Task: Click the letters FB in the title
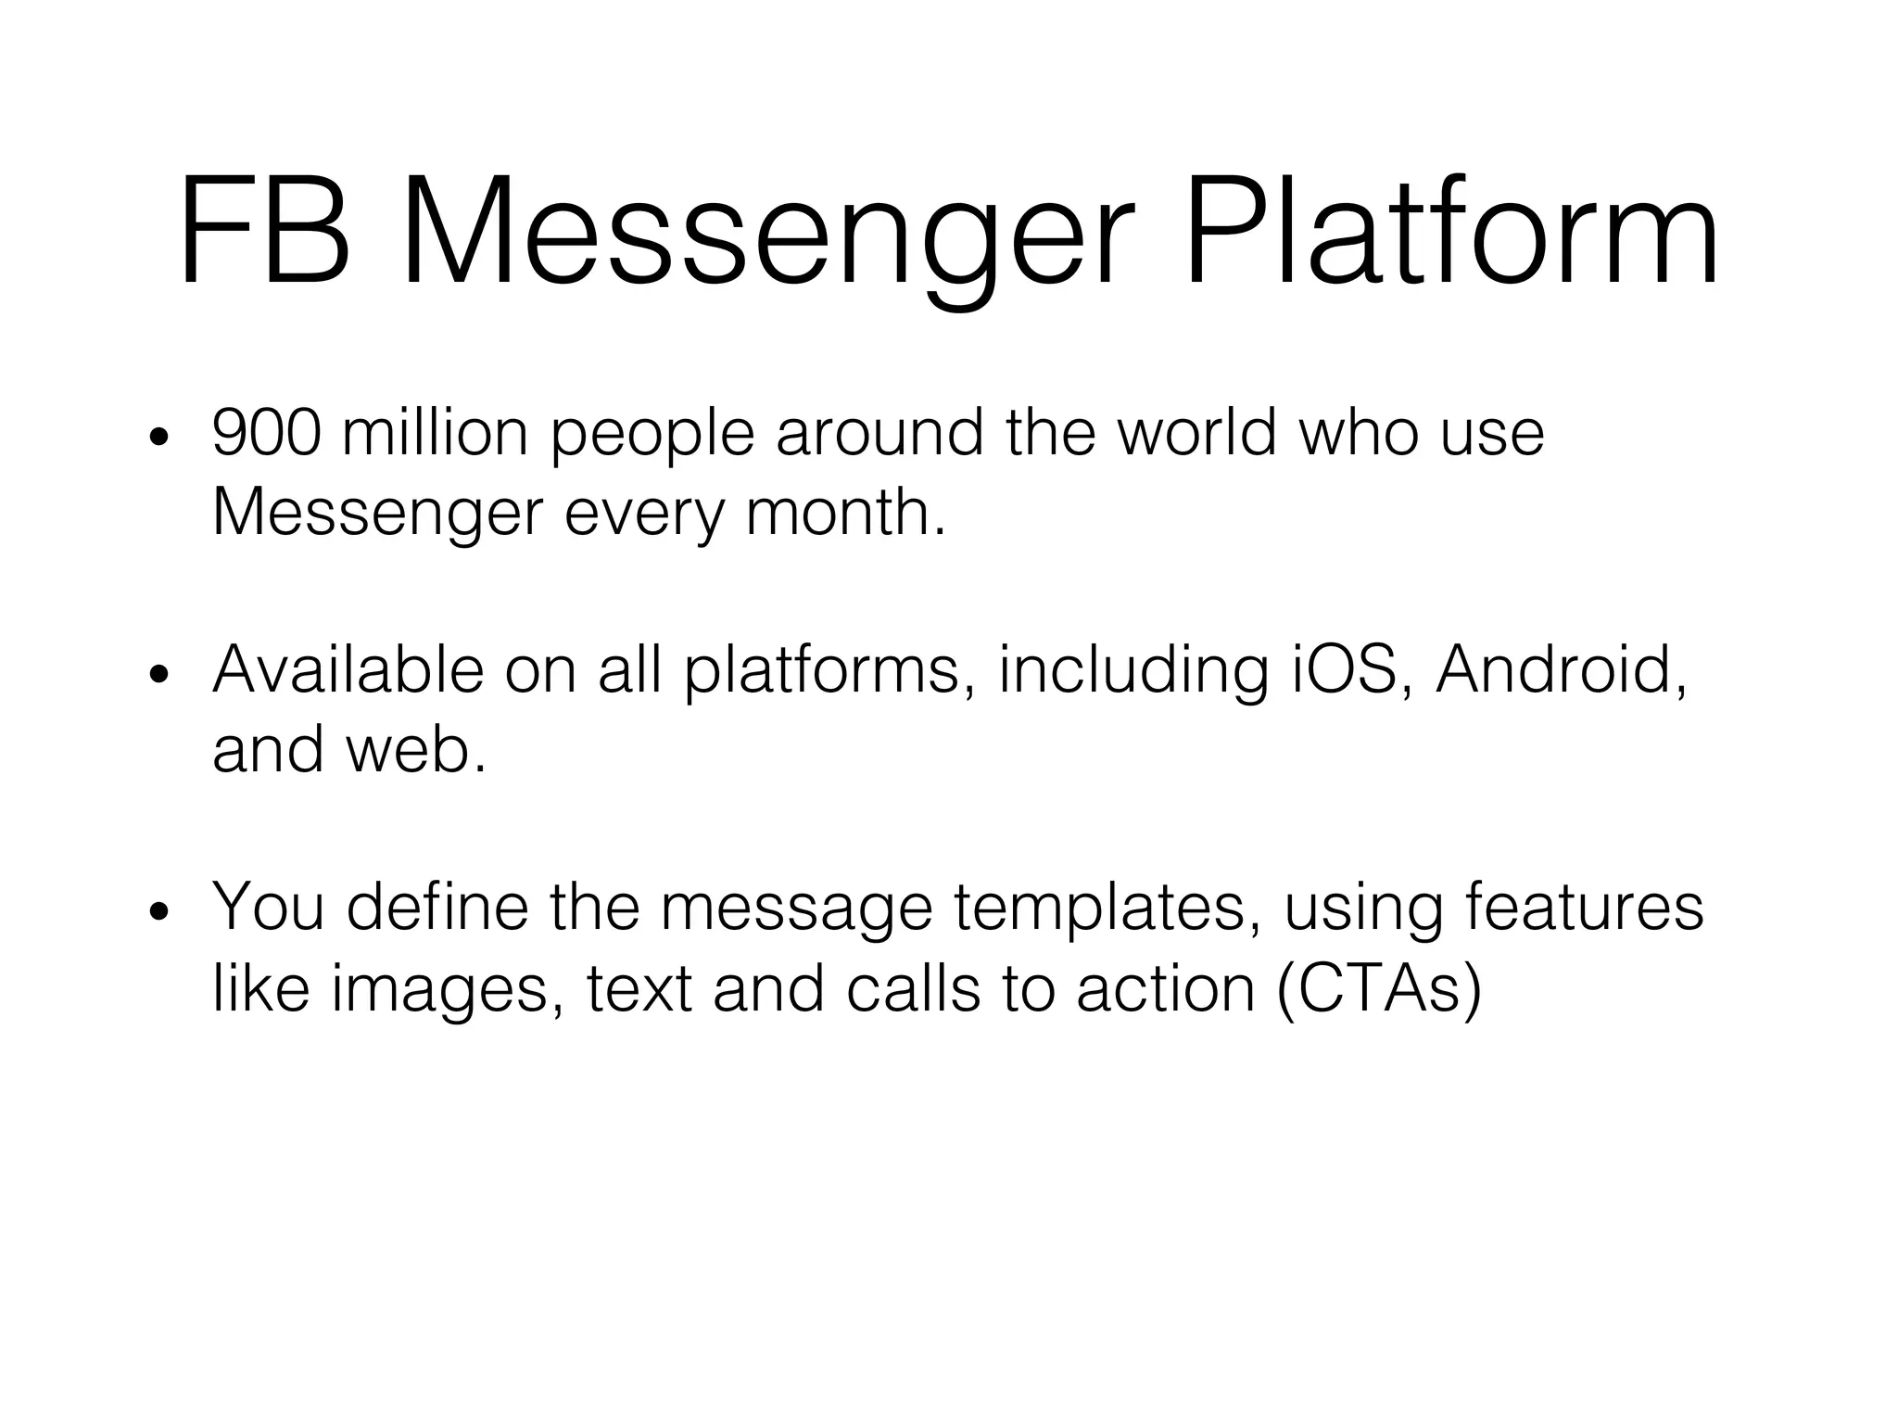pyautogui.click(x=265, y=232)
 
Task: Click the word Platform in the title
pyautogui.click(x=1451, y=232)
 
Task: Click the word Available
pyautogui.click(x=348, y=669)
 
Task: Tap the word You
pyautogui.click(x=269, y=906)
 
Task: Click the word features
pyautogui.click(x=1585, y=906)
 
